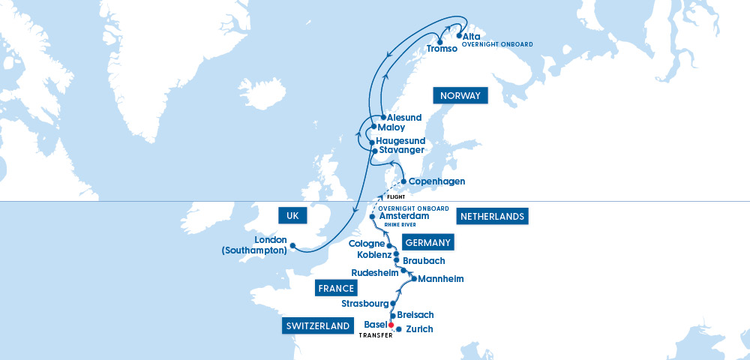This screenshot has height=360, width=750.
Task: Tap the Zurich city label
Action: pos(419,329)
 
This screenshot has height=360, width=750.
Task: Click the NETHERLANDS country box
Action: pos(492,217)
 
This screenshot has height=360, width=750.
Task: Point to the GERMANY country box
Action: pos(427,242)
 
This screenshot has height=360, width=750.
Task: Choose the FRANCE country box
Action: pos(335,289)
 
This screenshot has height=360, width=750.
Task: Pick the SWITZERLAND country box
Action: pos(318,326)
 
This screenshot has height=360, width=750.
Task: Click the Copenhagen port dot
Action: pos(403,181)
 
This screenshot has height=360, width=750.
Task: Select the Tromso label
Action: pos(442,49)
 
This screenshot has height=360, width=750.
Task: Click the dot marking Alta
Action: pos(458,35)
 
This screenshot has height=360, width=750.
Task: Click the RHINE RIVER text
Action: pos(400,224)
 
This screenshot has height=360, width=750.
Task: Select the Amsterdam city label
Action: pos(404,216)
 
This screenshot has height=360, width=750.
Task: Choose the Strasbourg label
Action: pos(364,304)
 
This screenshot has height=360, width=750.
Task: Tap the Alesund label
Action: pos(404,118)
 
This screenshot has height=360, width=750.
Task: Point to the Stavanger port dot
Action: pos(373,151)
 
